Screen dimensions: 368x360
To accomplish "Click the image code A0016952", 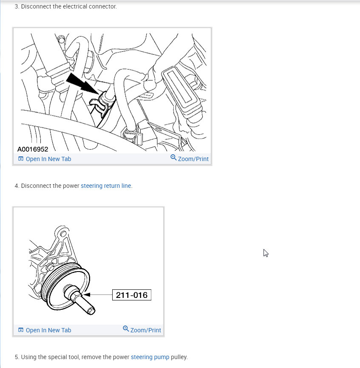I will click(x=33, y=149).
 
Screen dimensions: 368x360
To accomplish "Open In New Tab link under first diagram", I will click(x=48, y=159).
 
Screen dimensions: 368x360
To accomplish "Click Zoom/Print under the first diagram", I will click(x=193, y=159).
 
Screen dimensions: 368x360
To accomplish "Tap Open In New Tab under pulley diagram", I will click(x=48, y=330).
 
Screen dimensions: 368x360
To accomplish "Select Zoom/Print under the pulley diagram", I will click(x=145, y=330).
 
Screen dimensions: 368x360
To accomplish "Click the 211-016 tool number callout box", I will click(x=132, y=295).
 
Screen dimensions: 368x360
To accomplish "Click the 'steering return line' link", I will click(x=106, y=186).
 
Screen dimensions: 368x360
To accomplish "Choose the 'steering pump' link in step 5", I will click(x=150, y=357).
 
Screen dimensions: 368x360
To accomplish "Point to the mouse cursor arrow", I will click(x=266, y=253).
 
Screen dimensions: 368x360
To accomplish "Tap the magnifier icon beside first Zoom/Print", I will click(x=173, y=158).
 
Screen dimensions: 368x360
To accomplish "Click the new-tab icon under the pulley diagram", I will click(x=21, y=330).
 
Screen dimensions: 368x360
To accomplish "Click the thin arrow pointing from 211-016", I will click(x=98, y=294).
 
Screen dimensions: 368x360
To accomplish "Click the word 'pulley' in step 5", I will click(x=179, y=357).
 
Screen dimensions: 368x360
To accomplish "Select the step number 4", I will click(x=17, y=186).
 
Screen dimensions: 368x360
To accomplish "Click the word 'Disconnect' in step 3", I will click(x=35, y=6).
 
